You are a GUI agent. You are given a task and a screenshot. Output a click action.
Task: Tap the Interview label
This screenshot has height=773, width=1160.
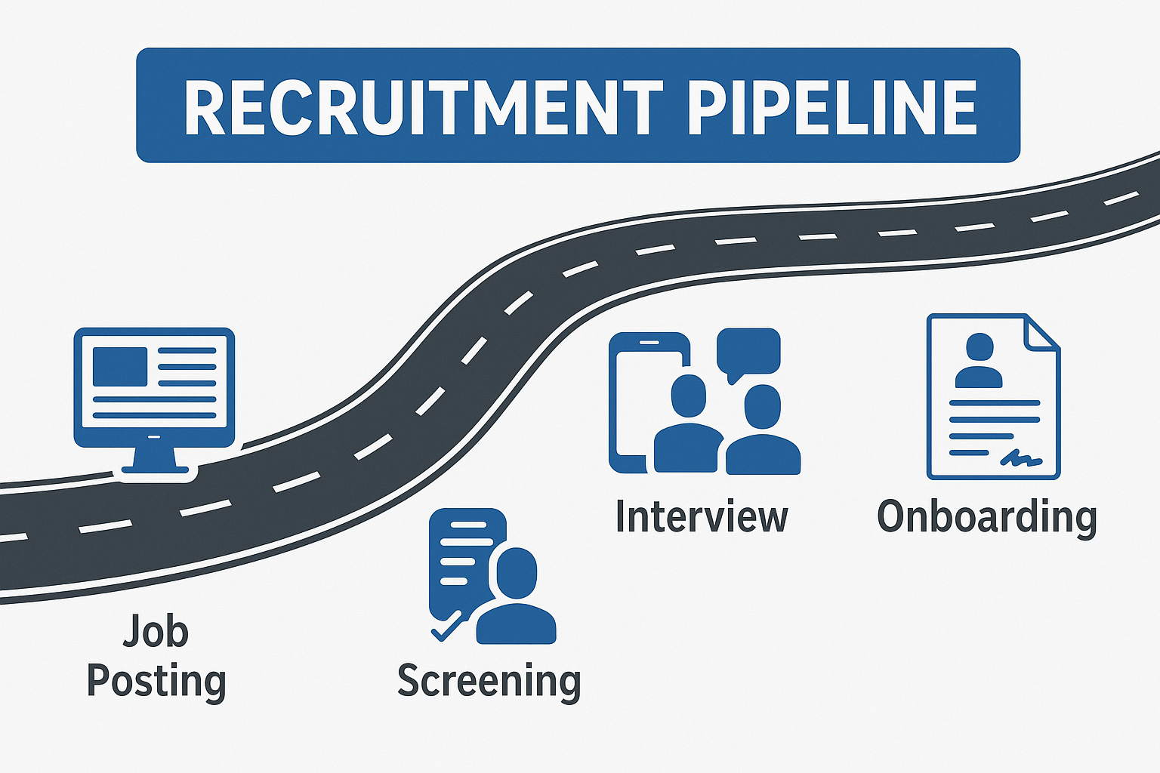pos(702,517)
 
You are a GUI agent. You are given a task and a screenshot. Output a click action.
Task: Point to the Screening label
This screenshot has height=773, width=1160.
pos(489,681)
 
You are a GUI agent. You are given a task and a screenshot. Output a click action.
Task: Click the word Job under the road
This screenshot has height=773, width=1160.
pos(156,631)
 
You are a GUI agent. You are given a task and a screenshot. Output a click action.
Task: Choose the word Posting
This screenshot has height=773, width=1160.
pos(156,681)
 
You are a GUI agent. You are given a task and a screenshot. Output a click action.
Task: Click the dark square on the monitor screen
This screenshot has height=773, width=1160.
pos(119,366)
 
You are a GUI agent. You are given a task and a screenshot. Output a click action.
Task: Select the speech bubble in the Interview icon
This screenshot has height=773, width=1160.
pos(748,352)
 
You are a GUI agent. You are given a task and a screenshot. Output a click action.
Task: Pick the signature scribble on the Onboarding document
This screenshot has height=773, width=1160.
pos(1022,457)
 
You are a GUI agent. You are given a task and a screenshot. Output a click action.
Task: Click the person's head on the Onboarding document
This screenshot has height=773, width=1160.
pos(980,348)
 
